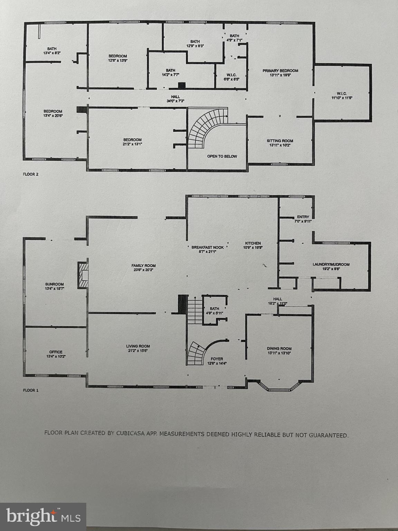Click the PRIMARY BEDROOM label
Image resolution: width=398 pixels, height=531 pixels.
click(280, 71)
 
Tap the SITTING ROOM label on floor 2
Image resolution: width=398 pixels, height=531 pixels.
click(280, 141)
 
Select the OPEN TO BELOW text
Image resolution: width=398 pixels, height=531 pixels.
click(222, 157)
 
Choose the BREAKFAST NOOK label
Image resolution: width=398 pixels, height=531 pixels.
click(208, 248)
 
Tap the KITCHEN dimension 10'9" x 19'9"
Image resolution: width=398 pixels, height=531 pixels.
click(253, 248)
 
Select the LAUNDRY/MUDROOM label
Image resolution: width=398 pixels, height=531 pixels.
click(331, 264)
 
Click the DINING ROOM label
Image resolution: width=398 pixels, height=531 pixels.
click(279, 349)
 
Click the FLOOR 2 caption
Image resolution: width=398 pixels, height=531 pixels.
click(31, 174)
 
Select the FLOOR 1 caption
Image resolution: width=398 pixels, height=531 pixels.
click(31, 390)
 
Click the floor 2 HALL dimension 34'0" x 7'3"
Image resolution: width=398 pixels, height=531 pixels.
click(176, 101)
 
